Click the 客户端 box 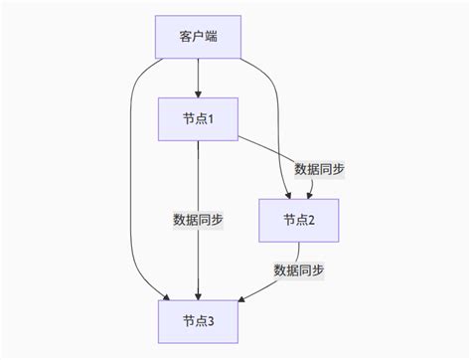point(198,37)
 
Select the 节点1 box point(198,118)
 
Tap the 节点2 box point(298,220)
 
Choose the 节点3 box point(198,320)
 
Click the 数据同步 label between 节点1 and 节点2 point(319,169)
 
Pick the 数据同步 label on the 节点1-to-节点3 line point(198,220)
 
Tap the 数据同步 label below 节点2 point(298,270)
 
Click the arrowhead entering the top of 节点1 point(198,93)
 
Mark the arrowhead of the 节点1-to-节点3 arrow point(198,294)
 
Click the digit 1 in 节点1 point(212,118)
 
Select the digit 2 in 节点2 point(312,220)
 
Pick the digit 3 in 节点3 point(212,320)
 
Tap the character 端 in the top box point(212,37)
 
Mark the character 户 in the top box point(198,37)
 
